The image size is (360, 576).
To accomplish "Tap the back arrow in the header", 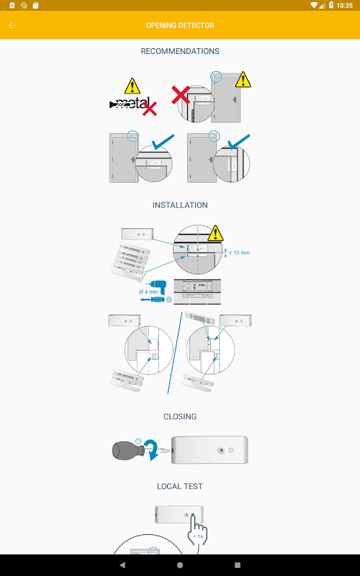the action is click(12, 25).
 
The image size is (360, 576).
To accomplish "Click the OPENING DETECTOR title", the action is click(180, 25).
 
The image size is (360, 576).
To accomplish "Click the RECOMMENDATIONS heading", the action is click(180, 51).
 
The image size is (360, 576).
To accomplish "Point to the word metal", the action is click(132, 103).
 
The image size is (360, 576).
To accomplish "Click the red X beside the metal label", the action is click(150, 109).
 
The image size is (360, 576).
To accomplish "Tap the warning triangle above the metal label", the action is click(132, 86).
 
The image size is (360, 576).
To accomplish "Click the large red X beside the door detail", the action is click(181, 95).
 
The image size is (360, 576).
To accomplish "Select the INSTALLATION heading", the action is click(180, 205).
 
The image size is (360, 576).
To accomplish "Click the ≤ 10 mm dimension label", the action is click(239, 253).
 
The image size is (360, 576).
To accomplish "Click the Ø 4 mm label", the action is click(148, 292).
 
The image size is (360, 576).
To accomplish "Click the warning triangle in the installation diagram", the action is click(215, 233).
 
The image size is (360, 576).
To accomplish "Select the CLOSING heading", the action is click(180, 417).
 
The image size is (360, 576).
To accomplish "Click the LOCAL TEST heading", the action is click(180, 487).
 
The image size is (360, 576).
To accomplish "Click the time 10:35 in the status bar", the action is click(345, 6).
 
